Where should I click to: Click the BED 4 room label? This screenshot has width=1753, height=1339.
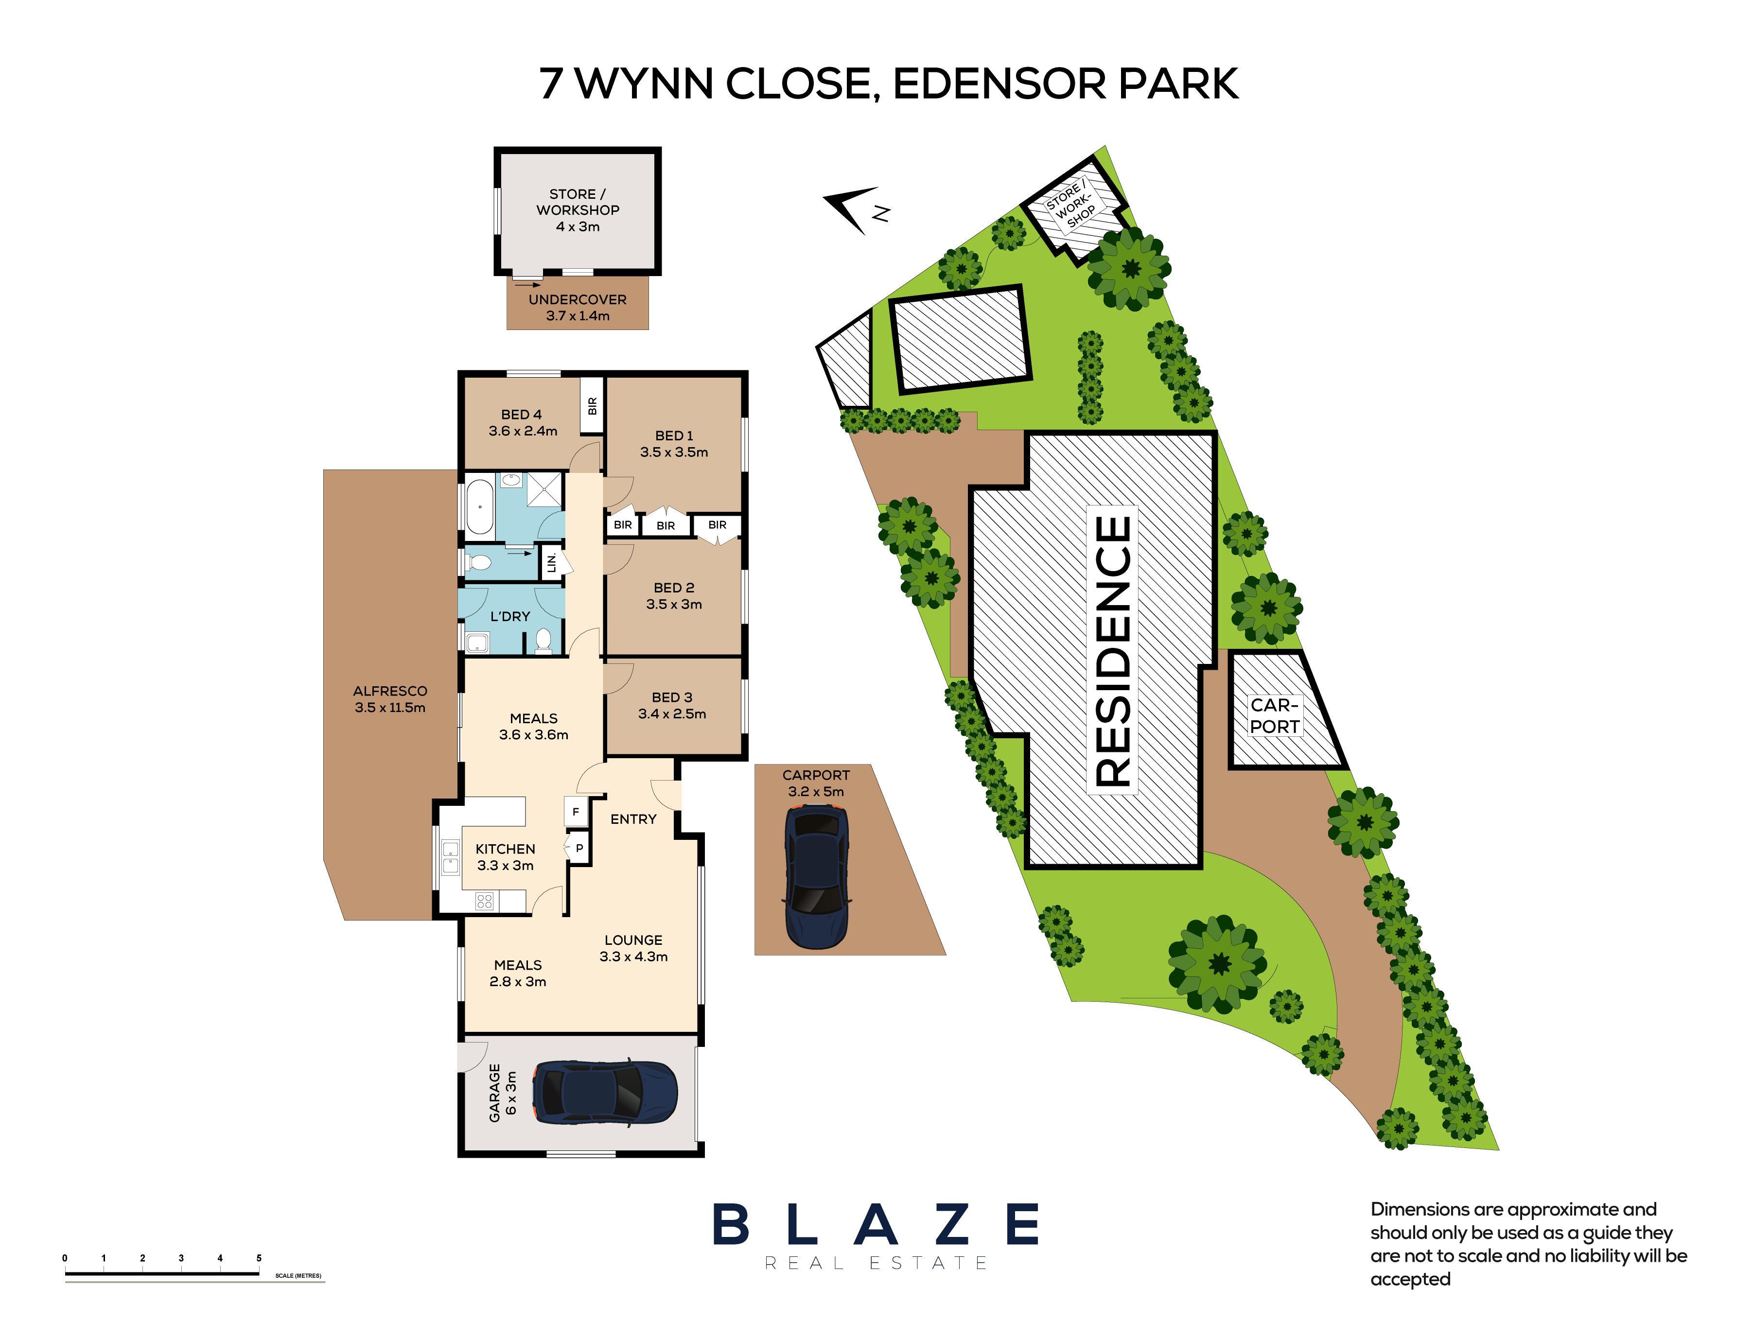[522, 422]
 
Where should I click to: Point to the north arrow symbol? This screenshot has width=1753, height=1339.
[856, 209]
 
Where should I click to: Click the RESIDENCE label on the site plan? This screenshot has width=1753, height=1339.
[1112, 650]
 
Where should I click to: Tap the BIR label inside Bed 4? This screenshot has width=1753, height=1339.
[592, 406]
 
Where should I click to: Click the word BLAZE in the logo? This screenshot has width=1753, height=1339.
[876, 1224]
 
